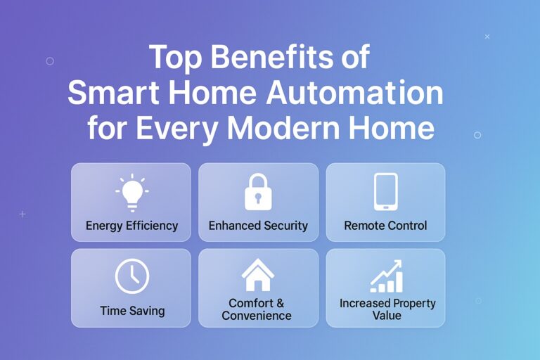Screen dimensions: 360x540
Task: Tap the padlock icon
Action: pos(258,191)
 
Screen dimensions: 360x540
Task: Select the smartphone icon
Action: pos(385,191)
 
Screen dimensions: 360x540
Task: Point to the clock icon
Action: pos(131,276)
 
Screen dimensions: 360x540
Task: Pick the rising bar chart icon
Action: pos(386,276)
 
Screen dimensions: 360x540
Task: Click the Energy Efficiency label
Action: pos(131,226)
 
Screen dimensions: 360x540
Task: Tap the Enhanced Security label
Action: pos(258,226)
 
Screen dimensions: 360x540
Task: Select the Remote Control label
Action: pos(385,226)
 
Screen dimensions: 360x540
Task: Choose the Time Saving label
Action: pos(131,310)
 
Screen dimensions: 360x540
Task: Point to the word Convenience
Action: pos(257,316)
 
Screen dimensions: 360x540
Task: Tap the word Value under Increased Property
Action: pos(386,316)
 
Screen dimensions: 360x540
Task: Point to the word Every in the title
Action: pos(181,129)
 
